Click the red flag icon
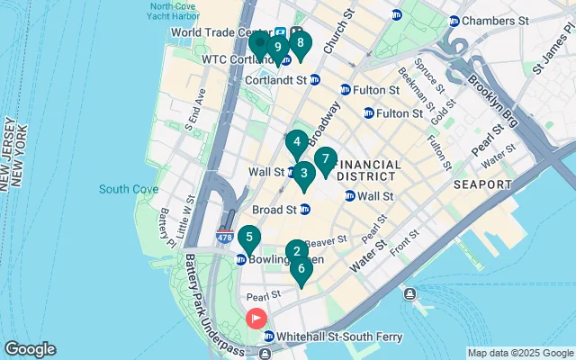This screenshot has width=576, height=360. (x=256, y=318)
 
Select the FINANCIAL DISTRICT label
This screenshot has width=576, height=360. (x=366, y=170)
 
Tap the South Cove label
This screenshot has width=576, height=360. (x=129, y=189)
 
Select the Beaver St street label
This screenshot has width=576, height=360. (x=324, y=242)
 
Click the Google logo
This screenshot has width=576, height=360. (x=30, y=349)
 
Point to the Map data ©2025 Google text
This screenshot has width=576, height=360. (x=519, y=353)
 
